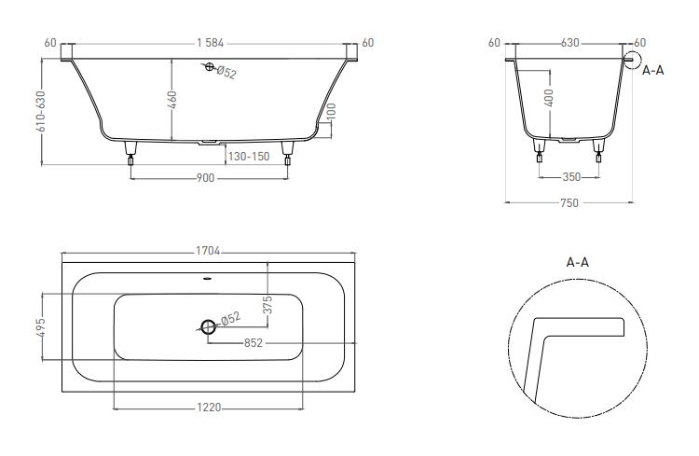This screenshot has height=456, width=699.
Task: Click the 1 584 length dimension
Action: click(x=211, y=43)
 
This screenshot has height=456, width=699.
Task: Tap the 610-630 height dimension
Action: click(x=41, y=112)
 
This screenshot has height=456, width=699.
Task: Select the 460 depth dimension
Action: click(x=172, y=100)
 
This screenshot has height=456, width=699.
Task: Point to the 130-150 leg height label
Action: click(x=249, y=157)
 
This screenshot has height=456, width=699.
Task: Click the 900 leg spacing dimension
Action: click(x=206, y=178)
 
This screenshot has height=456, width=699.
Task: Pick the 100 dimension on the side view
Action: click(x=331, y=111)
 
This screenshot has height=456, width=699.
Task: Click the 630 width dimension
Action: click(x=569, y=43)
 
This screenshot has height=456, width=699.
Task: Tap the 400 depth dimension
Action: click(x=549, y=98)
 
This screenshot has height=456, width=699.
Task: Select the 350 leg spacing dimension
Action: click(x=571, y=177)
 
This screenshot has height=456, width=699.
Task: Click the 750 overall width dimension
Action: click(x=569, y=203)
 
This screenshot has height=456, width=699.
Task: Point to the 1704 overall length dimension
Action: click(x=208, y=251)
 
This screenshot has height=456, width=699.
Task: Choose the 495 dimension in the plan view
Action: click(x=41, y=327)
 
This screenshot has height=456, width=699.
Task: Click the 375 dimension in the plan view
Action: click(x=267, y=305)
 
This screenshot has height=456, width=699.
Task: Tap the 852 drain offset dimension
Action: click(x=254, y=342)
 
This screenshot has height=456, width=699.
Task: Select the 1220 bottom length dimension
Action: click(x=209, y=408)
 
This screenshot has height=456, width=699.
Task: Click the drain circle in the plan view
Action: click(x=208, y=327)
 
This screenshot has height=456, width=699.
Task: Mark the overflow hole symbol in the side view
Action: click(x=210, y=67)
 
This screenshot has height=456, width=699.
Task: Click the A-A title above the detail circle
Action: click(x=577, y=262)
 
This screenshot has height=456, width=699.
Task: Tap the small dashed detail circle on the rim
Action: click(x=632, y=61)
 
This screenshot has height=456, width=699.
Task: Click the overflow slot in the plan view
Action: click(x=208, y=279)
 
